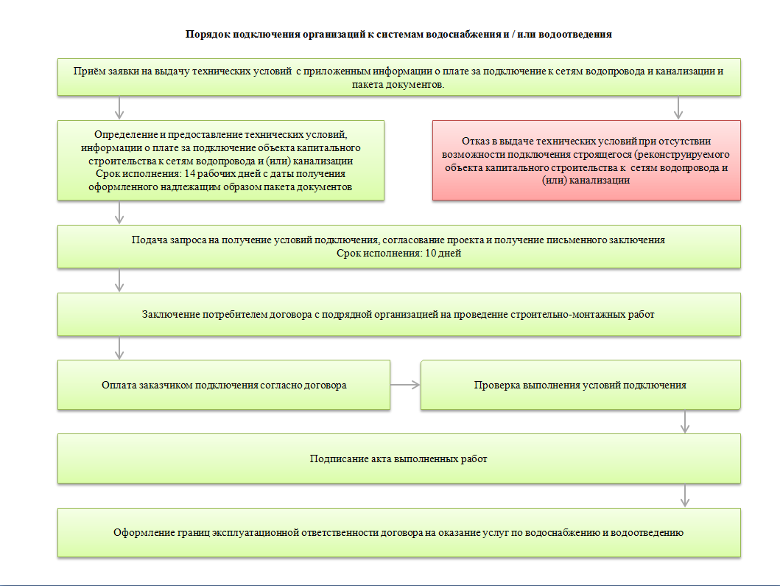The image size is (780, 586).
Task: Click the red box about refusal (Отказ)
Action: pos(586,160)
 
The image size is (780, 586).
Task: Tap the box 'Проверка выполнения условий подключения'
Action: pos(580,385)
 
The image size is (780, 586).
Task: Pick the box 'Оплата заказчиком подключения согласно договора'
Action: pos(224,385)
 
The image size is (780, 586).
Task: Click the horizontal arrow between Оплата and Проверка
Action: pos(405,385)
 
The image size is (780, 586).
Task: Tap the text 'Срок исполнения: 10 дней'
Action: pos(399,254)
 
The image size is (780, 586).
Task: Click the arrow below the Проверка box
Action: pos(686,422)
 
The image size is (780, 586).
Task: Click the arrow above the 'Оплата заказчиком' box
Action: pos(120,348)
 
